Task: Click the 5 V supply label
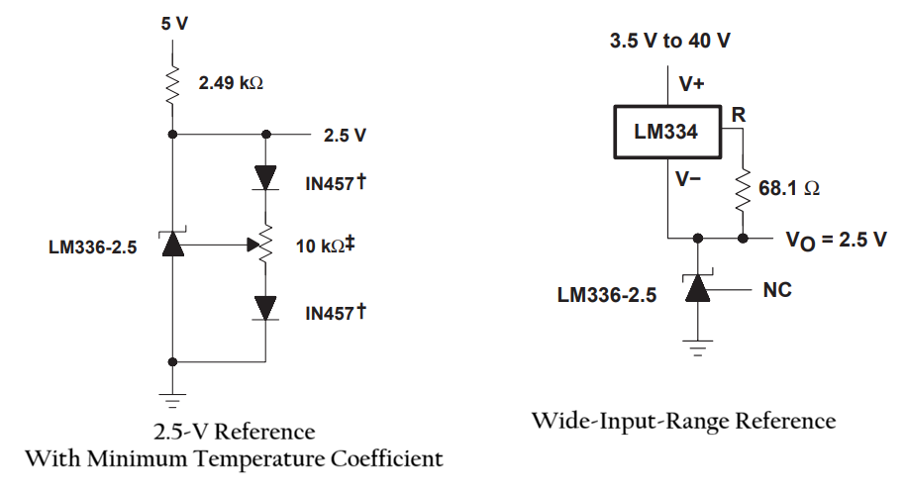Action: pyautogui.click(x=174, y=22)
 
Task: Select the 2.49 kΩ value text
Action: pyautogui.click(x=230, y=84)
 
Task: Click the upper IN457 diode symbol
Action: pyautogui.click(x=264, y=178)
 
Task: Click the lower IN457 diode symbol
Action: pyautogui.click(x=264, y=308)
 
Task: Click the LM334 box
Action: pyautogui.click(x=666, y=131)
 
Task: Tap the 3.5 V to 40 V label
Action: pyautogui.click(x=671, y=42)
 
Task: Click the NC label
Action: pyautogui.click(x=778, y=291)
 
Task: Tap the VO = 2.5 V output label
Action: pyautogui.click(x=836, y=240)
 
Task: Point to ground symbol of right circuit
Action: pyautogui.click(x=699, y=347)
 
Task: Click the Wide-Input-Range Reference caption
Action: pyautogui.click(x=683, y=421)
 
